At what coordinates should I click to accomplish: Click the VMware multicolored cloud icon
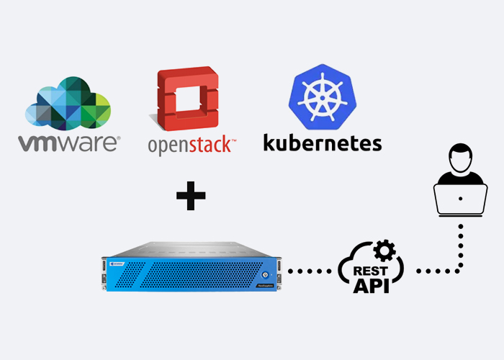point(69,105)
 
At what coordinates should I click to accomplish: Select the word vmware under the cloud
point(69,142)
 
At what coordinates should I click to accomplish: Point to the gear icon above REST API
point(385,251)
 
